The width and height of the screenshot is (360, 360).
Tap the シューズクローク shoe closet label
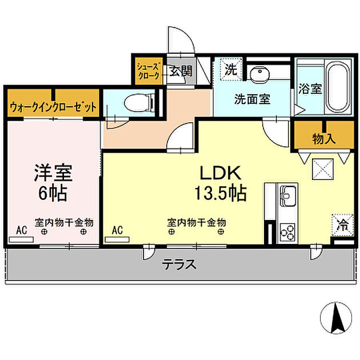[x=149, y=71]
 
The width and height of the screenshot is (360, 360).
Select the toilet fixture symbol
[x=138, y=103]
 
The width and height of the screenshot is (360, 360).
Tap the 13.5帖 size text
[x=221, y=193]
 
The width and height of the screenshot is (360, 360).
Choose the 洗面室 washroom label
[x=252, y=98]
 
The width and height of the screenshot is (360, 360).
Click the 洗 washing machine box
[x=230, y=70]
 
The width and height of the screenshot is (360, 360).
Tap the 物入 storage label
[x=323, y=138]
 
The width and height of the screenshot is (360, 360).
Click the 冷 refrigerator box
[x=341, y=223]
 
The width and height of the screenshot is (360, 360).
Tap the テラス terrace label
[x=179, y=264]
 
